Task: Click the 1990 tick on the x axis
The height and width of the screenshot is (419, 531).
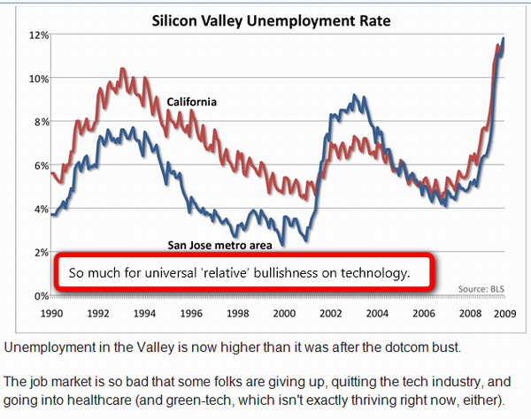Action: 50,313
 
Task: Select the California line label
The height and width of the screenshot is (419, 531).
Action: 192,103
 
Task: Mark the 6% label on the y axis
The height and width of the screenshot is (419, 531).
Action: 38,165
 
